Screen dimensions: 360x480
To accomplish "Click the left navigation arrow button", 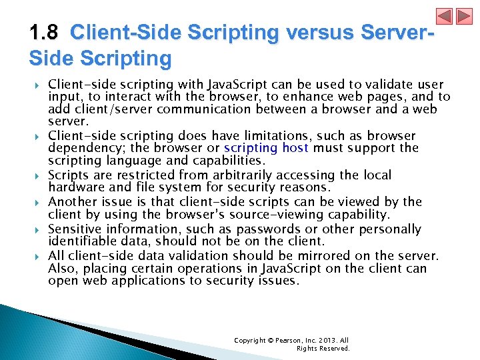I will pyautogui.click(x=444, y=17).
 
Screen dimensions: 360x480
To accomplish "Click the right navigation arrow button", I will pyautogui.click(x=463, y=17).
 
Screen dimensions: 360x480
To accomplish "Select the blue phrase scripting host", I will pyautogui.click(x=266, y=148).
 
